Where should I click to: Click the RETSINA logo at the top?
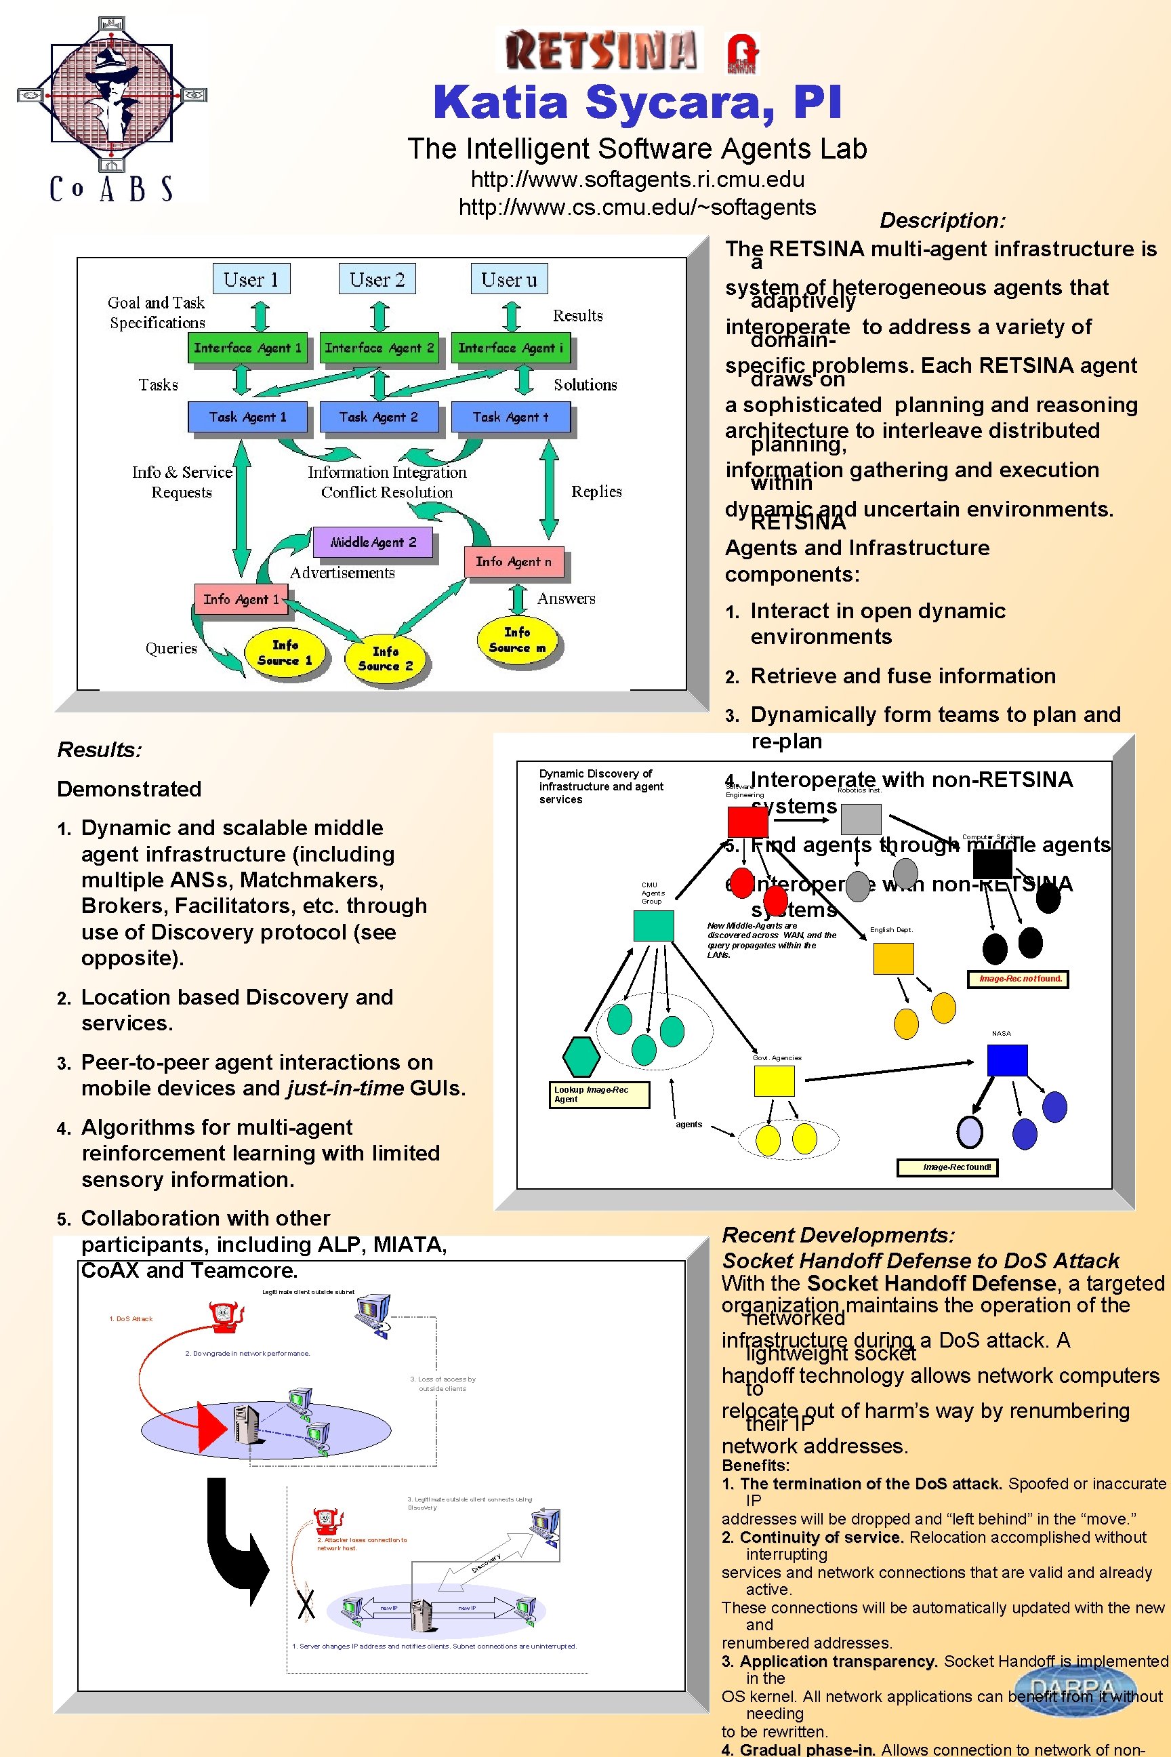pos(600,49)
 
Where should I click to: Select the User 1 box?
pos(251,279)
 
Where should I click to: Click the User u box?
pos(510,279)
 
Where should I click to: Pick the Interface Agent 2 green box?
pos(379,348)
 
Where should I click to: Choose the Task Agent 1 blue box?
pos(247,417)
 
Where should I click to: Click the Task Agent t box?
pos(510,417)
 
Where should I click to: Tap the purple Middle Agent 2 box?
pos(372,542)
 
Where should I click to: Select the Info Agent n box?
pos(514,562)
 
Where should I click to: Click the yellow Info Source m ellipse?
pos(518,640)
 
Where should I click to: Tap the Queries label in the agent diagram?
pos(171,649)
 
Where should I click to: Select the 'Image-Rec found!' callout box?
pos(957,1167)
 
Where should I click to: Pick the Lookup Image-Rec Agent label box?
pos(599,1094)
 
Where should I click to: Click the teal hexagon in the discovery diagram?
pos(581,1057)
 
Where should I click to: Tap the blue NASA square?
pos(1007,1060)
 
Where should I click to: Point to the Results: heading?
pos(100,750)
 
